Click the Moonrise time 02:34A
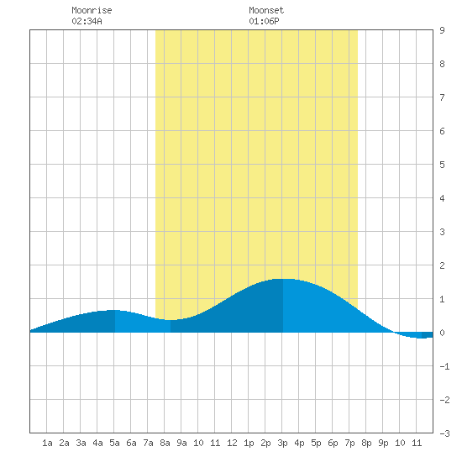click(87, 21)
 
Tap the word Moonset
click(266, 10)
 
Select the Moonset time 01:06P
click(264, 21)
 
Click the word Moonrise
click(92, 10)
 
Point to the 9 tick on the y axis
click(442, 30)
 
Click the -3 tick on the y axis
click(444, 433)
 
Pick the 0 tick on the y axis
click(442, 333)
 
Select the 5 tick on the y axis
click(442, 165)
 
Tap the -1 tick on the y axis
click(444, 366)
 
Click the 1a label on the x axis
click(47, 443)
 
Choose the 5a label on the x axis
click(114, 443)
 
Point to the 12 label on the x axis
click(232, 443)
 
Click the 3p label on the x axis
click(282, 443)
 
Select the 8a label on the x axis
click(165, 443)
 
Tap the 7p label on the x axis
click(349, 443)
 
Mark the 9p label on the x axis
click(383, 443)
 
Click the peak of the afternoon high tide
click(283, 279)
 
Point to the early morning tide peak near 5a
click(114, 310)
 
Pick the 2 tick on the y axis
click(442, 265)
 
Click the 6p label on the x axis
click(333, 443)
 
